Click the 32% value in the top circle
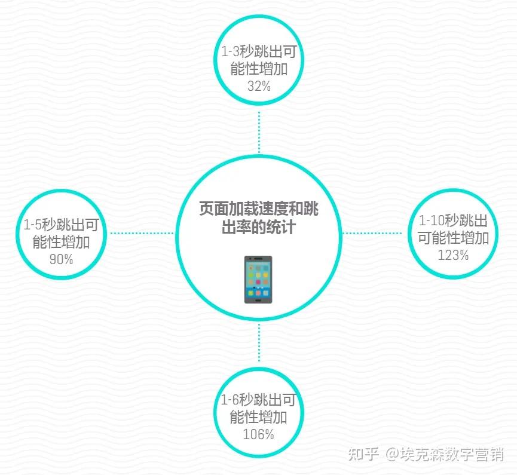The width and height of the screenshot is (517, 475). click(259, 86)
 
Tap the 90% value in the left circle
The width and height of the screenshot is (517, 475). click(61, 259)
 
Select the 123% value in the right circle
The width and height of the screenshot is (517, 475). click(453, 255)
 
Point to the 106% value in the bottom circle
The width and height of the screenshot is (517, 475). click(258, 434)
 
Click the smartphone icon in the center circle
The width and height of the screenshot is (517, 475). click(258, 280)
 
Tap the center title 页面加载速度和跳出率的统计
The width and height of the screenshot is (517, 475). click(258, 218)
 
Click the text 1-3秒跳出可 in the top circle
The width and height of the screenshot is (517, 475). click(259, 52)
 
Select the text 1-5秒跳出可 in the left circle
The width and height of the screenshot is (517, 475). click(61, 225)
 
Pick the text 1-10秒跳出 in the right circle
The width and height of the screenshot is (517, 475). click(453, 220)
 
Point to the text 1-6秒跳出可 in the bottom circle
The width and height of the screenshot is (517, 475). click(258, 400)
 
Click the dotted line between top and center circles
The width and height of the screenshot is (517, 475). click(259, 131)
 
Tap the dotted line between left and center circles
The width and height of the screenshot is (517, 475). click(142, 233)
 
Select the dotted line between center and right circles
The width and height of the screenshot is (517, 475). click(375, 233)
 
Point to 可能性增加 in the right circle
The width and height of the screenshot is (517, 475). click(453, 238)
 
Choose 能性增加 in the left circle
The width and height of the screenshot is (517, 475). click(61, 242)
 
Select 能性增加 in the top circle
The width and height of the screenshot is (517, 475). click(259, 69)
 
